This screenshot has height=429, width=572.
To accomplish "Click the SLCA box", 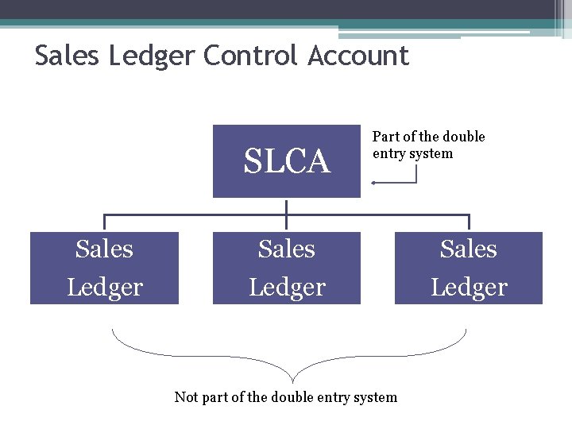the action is click(x=286, y=160).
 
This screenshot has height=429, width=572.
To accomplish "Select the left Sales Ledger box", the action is click(x=104, y=268).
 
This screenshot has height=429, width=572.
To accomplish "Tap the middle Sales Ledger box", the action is click(x=286, y=268).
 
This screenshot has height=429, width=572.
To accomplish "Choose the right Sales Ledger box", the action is click(x=469, y=268).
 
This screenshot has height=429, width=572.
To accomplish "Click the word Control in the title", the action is click(x=252, y=56).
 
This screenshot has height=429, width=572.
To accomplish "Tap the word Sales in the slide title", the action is click(x=68, y=56).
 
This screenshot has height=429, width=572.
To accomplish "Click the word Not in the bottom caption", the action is click(x=186, y=396).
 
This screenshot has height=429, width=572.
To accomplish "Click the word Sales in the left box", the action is click(x=104, y=249).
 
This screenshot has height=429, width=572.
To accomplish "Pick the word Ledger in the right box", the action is click(x=469, y=287).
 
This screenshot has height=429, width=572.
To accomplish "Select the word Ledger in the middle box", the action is click(x=287, y=287).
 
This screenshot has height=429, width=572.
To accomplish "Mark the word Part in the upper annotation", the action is click(x=386, y=137).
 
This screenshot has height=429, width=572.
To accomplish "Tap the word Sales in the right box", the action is click(x=469, y=249).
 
